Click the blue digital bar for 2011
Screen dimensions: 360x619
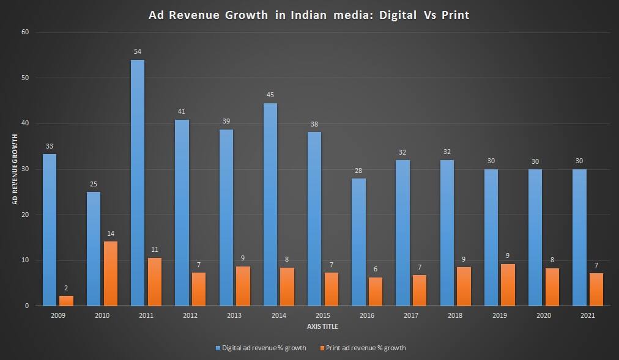(138, 183)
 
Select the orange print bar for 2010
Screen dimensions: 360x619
(111, 273)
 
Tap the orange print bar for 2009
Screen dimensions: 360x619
(66, 300)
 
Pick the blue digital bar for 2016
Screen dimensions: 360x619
(358, 242)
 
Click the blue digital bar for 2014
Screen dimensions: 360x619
(270, 205)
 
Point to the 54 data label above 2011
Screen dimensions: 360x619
(138, 51)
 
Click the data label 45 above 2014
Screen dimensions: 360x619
(270, 95)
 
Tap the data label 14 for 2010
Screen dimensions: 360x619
(111, 233)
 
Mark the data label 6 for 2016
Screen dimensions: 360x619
(376, 269)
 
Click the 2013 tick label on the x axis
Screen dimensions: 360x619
(234, 315)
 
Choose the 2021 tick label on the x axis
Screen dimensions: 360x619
(587, 315)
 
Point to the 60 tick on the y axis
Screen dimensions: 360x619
(25, 32)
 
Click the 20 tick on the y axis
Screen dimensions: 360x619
(25, 215)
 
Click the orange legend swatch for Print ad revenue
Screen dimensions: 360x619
(322, 348)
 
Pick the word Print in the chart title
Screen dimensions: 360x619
(453, 15)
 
